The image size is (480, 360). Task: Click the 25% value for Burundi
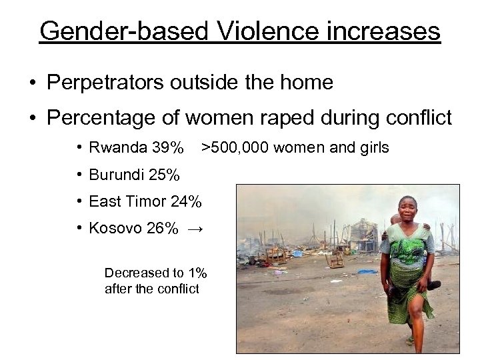(x=164, y=175)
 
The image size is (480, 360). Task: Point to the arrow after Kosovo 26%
(x=195, y=229)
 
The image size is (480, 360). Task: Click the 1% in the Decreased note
(x=197, y=273)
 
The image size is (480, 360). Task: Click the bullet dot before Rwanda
(x=79, y=147)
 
